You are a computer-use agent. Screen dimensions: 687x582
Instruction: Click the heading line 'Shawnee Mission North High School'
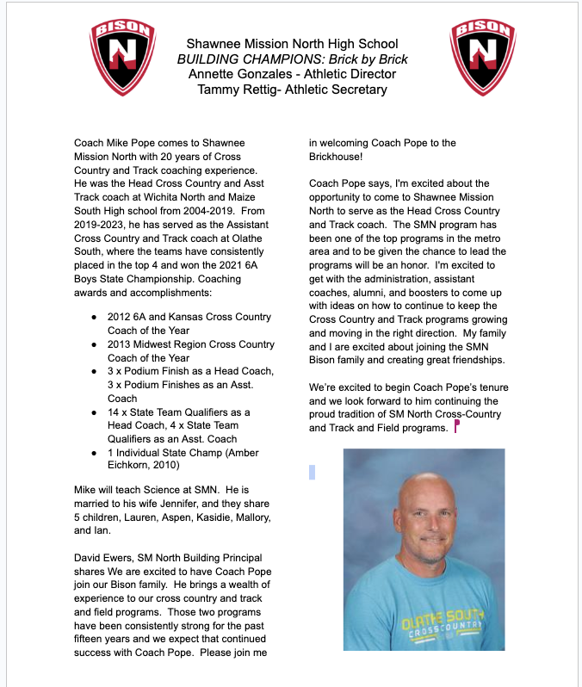click(292, 43)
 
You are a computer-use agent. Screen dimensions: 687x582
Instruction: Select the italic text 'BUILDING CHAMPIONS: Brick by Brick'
click(292, 59)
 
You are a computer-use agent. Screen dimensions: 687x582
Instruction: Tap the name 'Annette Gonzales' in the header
click(238, 74)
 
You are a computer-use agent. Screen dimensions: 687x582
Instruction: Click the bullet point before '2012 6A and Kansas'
click(94, 317)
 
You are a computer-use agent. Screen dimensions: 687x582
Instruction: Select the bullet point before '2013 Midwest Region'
click(94, 344)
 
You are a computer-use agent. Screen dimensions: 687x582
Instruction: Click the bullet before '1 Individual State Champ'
click(94, 453)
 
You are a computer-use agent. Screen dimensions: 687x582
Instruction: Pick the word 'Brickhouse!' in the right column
click(336, 156)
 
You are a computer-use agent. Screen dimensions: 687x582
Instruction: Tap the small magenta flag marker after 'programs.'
click(456, 426)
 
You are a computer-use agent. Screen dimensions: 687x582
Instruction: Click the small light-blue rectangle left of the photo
click(312, 472)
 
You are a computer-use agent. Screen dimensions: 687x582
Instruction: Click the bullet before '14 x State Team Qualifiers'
click(94, 412)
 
